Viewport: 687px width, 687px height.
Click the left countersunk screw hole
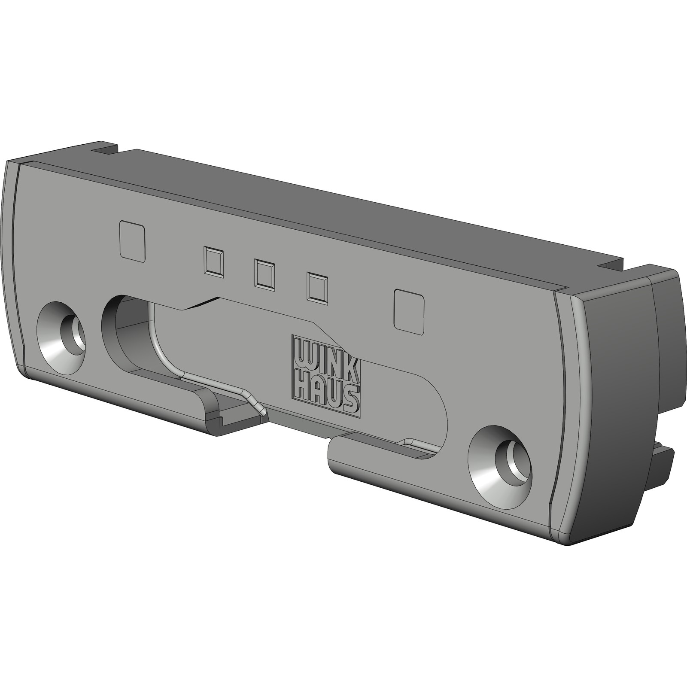point(61,336)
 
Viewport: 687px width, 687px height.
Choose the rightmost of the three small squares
point(317,287)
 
